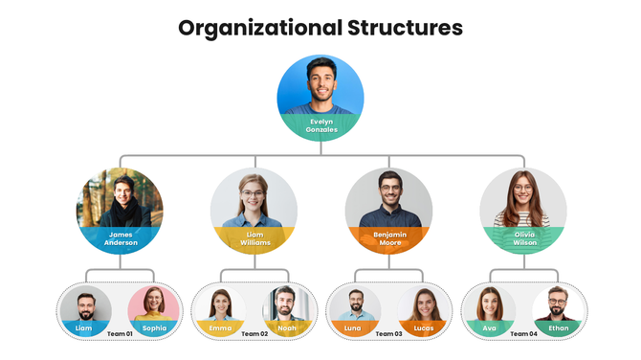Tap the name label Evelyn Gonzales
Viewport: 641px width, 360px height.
pyautogui.click(x=320, y=125)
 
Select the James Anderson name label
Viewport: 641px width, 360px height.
pyautogui.click(x=120, y=238)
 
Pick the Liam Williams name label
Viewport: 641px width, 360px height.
pyautogui.click(x=254, y=238)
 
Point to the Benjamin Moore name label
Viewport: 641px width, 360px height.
pyautogui.click(x=388, y=237)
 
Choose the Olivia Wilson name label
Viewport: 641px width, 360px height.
pyautogui.click(x=523, y=237)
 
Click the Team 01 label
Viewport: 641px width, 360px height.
pyautogui.click(x=119, y=333)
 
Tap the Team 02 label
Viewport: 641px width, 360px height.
pyautogui.click(x=254, y=333)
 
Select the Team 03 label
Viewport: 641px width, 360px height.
pyautogui.click(x=388, y=333)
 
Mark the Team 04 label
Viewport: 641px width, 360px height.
pyautogui.click(x=523, y=333)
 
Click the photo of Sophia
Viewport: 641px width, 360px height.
pyautogui.click(x=153, y=304)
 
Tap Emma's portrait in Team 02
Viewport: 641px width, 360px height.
pyautogui.click(x=220, y=304)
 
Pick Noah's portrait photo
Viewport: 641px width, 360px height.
pyautogui.click(x=287, y=304)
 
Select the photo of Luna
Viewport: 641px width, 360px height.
pyautogui.click(x=354, y=304)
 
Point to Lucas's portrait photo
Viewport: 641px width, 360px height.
pyautogui.click(x=423, y=304)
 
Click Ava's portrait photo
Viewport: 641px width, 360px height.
pyautogui.click(x=489, y=304)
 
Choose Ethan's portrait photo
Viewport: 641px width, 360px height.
pyautogui.click(x=558, y=304)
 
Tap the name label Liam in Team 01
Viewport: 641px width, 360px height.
pyautogui.click(x=84, y=328)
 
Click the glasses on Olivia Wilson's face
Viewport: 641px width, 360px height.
pyautogui.click(x=522, y=188)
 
